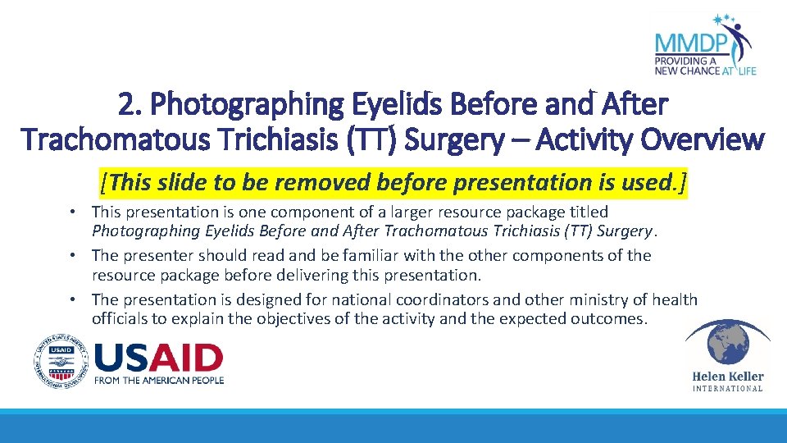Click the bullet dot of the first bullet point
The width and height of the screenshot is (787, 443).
73,212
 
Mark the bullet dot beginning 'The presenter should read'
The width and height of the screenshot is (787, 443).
73,256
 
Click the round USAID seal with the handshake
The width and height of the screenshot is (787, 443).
61,361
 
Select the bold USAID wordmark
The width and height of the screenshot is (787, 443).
159,358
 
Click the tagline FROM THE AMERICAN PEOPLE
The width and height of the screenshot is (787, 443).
159,380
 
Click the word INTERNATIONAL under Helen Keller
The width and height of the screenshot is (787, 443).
727,389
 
